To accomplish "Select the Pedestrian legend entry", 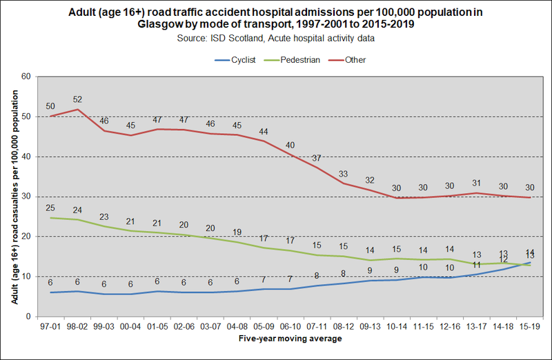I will click(299, 60).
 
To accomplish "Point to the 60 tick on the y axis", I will click(26, 77).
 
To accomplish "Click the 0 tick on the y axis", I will click(28, 317).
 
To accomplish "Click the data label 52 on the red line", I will click(77, 99).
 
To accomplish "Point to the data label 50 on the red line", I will click(50, 106).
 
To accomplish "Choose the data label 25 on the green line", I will click(50, 208).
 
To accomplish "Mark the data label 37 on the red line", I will click(317, 158).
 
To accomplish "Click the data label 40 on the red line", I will click(290, 146).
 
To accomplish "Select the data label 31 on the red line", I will click(477, 182).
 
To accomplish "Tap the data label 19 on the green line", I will click(237, 232).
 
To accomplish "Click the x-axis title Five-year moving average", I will click(290, 339).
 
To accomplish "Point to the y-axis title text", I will click(14, 197).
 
